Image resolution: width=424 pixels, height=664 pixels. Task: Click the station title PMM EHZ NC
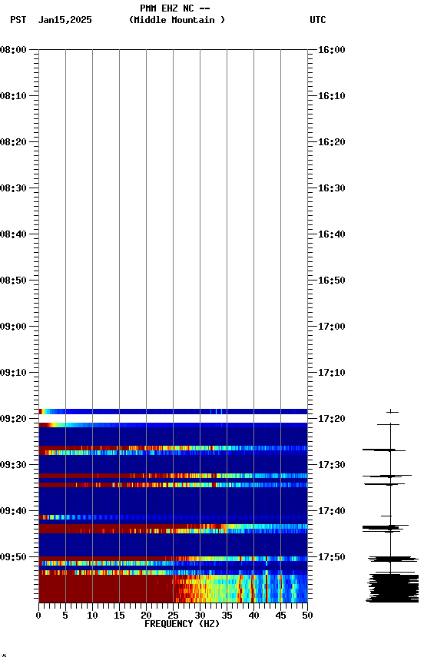(x=174, y=8)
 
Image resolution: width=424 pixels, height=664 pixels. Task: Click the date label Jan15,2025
(x=65, y=20)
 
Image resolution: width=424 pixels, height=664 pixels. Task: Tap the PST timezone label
(x=18, y=20)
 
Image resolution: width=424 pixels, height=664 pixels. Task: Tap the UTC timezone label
(x=317, y=20)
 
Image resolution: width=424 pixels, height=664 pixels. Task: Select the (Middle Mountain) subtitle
(x=177, y=20)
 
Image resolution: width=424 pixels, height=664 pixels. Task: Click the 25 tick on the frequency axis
(x=173, y=615)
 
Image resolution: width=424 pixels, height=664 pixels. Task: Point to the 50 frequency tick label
(x=307, y=615)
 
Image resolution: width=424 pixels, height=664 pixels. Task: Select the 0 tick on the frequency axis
(x=38, y=615)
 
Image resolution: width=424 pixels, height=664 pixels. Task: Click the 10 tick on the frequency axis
(x=92, y=615)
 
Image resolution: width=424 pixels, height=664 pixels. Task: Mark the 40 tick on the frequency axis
(x=253, y=615)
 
